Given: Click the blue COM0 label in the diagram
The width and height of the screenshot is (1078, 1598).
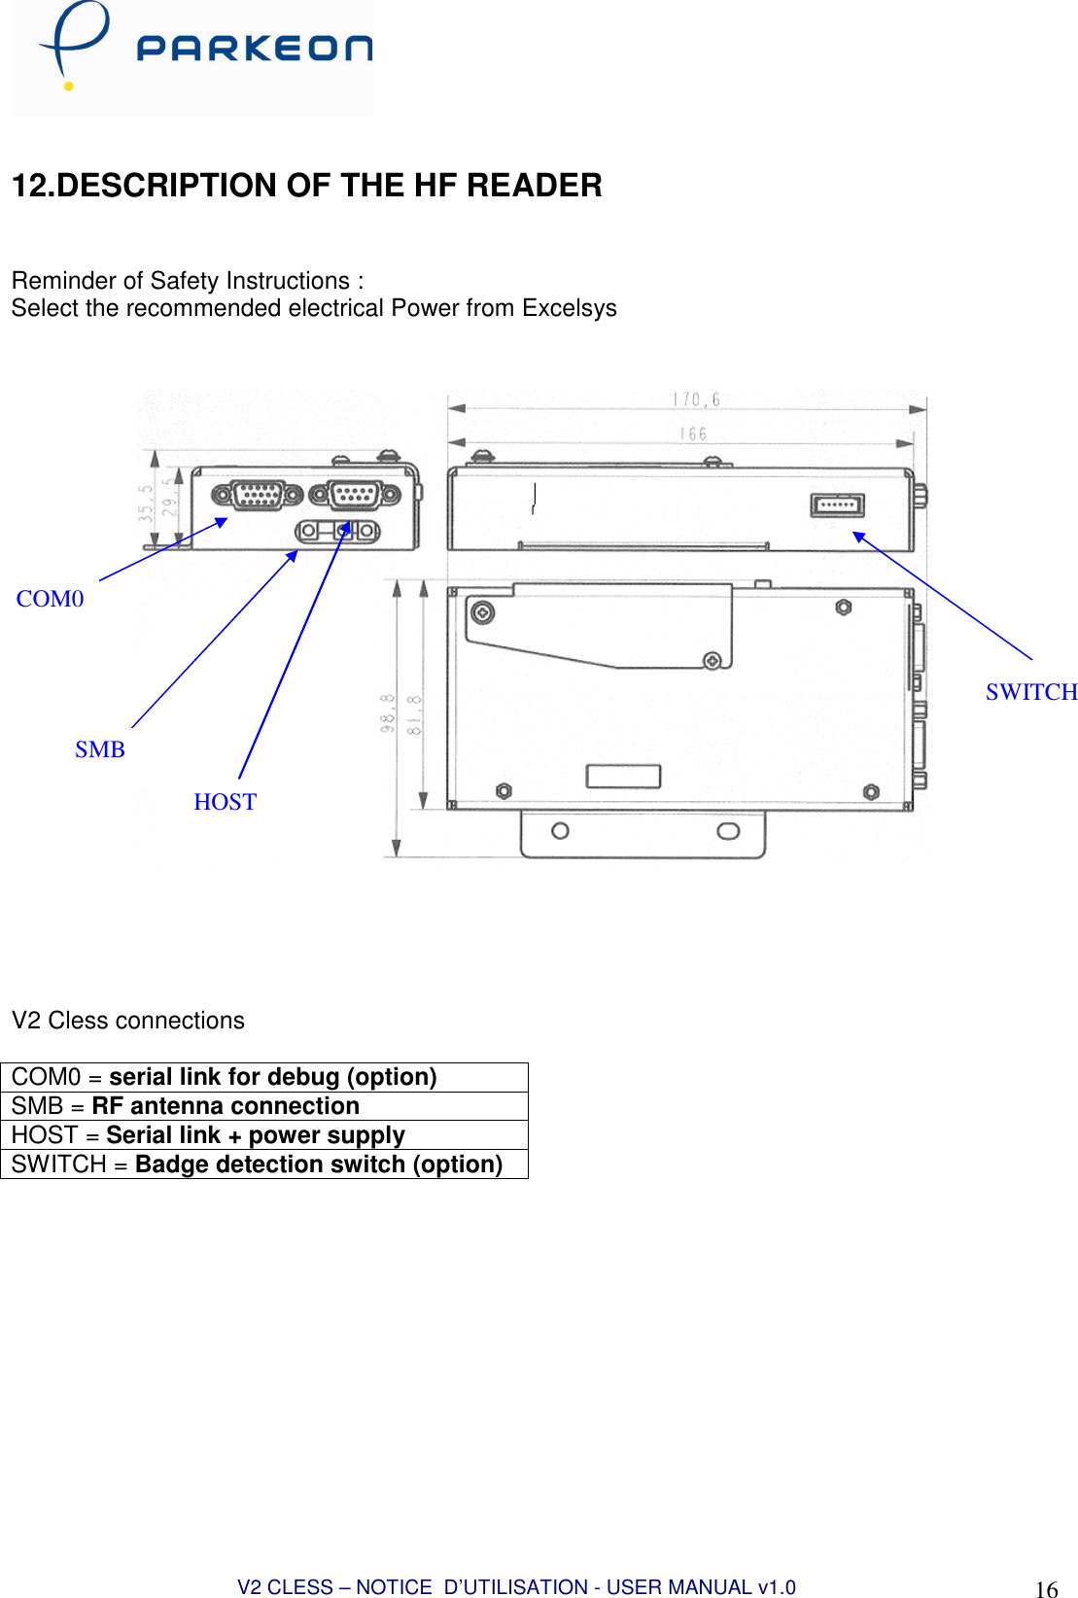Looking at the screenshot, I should [x=51, y=599].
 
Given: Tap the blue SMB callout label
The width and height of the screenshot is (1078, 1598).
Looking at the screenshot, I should [x=100, y=749].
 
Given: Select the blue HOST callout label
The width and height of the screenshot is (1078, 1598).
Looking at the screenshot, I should [x=225, y=802].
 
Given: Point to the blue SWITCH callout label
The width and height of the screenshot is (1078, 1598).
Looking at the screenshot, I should [x=1030, y=692].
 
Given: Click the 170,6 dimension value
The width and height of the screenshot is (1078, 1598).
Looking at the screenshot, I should [x=696, y=399].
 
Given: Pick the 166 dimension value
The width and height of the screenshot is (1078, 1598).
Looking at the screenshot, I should [x=693, y=434].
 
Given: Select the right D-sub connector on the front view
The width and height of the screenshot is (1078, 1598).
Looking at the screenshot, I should [x=355, y=495].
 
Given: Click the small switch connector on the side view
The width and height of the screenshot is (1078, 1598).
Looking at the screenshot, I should [x=837, y=505].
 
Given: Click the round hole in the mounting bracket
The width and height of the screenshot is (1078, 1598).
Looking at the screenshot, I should [x=560, y=831].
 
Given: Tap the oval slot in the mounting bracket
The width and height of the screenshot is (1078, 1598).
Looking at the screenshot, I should [x=728, y=831].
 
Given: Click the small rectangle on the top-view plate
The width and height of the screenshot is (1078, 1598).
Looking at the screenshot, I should [x=623, y=776].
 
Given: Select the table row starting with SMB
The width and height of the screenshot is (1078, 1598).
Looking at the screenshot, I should [x=263, y=1106].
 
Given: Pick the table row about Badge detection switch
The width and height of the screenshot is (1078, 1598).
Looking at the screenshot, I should [x=263, y=1164].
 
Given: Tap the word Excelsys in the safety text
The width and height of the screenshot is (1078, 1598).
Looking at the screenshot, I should [x=570, y=308].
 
